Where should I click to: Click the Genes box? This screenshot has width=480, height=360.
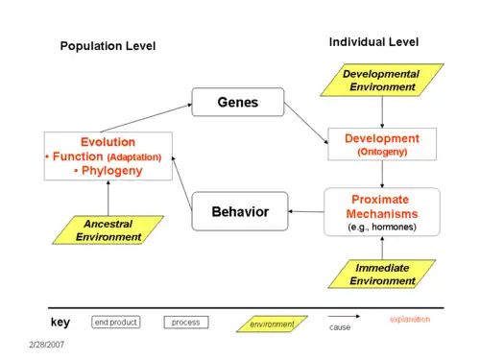coord(238,102)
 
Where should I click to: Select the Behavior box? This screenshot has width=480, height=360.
coord(240,211)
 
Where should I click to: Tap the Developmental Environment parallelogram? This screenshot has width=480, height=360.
coord(382,80)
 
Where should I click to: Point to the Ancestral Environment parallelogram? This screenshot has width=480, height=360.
coord(108,230)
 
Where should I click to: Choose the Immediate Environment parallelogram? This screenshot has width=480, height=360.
coord(382,274)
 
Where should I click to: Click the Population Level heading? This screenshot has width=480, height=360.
coord(108,46)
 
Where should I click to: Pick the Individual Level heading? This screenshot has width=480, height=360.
coord(373,42)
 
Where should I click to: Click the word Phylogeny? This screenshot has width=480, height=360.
coord(112,171)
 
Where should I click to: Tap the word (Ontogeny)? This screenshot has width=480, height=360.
coord(382,152)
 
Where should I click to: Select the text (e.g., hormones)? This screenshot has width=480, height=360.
coord(382,227)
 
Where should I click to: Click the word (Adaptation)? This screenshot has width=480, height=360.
coord(134,157)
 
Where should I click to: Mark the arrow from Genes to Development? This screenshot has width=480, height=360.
coord(306,123)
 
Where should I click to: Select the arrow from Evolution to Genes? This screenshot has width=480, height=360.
coord(146,118)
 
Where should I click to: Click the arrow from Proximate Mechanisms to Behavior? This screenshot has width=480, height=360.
coord(306,211)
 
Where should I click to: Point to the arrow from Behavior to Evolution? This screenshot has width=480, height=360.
coord(181,183)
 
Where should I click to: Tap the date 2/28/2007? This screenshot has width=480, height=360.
coord(47,345)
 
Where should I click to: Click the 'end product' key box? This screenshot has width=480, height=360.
coord(116,323)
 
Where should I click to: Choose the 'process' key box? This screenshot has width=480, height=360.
coord(186,323)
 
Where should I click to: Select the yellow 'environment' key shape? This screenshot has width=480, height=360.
coord(272,324)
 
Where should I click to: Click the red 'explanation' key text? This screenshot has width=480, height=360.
coord(410,320)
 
